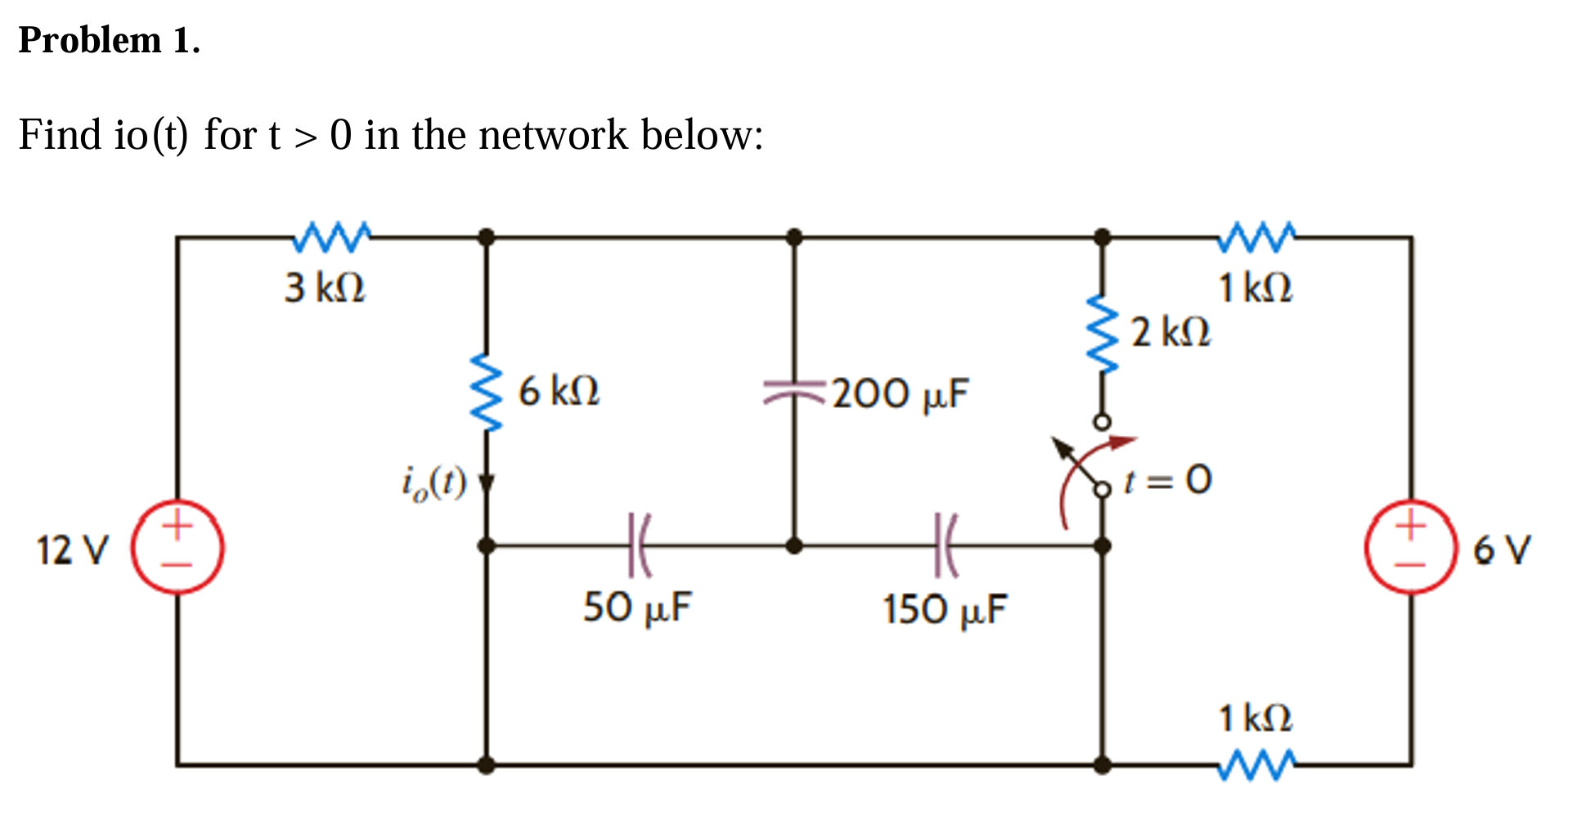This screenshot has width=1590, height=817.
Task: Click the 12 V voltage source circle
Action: click(178, 546)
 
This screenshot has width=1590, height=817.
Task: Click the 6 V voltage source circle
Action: click(1411, 546)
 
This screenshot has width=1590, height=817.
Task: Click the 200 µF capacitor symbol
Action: click(793, 392)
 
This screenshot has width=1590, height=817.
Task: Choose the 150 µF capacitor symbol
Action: click(945, 545)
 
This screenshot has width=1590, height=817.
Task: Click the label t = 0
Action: click(1167, 480)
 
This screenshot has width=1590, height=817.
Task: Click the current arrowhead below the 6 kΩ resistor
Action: click(487, 484)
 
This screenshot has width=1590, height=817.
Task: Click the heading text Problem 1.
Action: click(109, 40)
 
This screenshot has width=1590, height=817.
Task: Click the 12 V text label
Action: click(72, 550)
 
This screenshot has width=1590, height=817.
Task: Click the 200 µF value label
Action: click(901, 393)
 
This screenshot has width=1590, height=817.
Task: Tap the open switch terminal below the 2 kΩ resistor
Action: click(1103, 422)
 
